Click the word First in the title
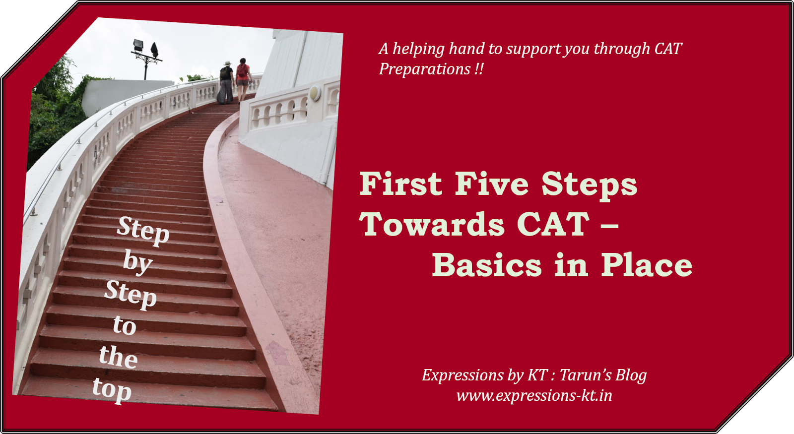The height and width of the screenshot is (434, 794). (x=400, y=184)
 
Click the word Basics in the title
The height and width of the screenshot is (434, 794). (x=486, y=265)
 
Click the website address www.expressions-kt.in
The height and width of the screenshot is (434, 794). (x=534, y=396)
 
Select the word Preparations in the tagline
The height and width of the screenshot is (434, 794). (x=424, y=69)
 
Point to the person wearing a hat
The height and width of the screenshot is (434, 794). (x=226, y=82)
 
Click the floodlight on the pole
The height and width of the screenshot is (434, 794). (x=138, y=46)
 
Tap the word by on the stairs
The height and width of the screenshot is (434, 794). (x=137, y=261)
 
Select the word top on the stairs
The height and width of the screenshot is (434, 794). (x=112, y=390)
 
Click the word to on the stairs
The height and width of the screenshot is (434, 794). (x=124, y=325)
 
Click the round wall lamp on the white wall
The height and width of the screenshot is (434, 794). (x=315, y=93)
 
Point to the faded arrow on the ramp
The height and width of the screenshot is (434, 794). (x=277, y=352)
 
